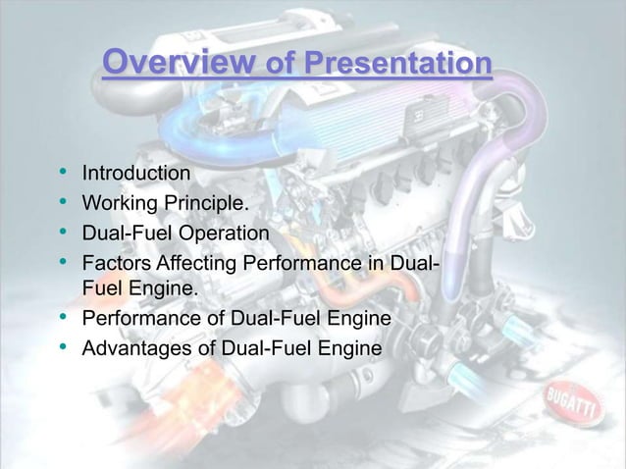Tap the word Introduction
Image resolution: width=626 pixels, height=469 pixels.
pos(136,176)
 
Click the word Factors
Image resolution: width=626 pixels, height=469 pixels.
pos(115,264)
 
